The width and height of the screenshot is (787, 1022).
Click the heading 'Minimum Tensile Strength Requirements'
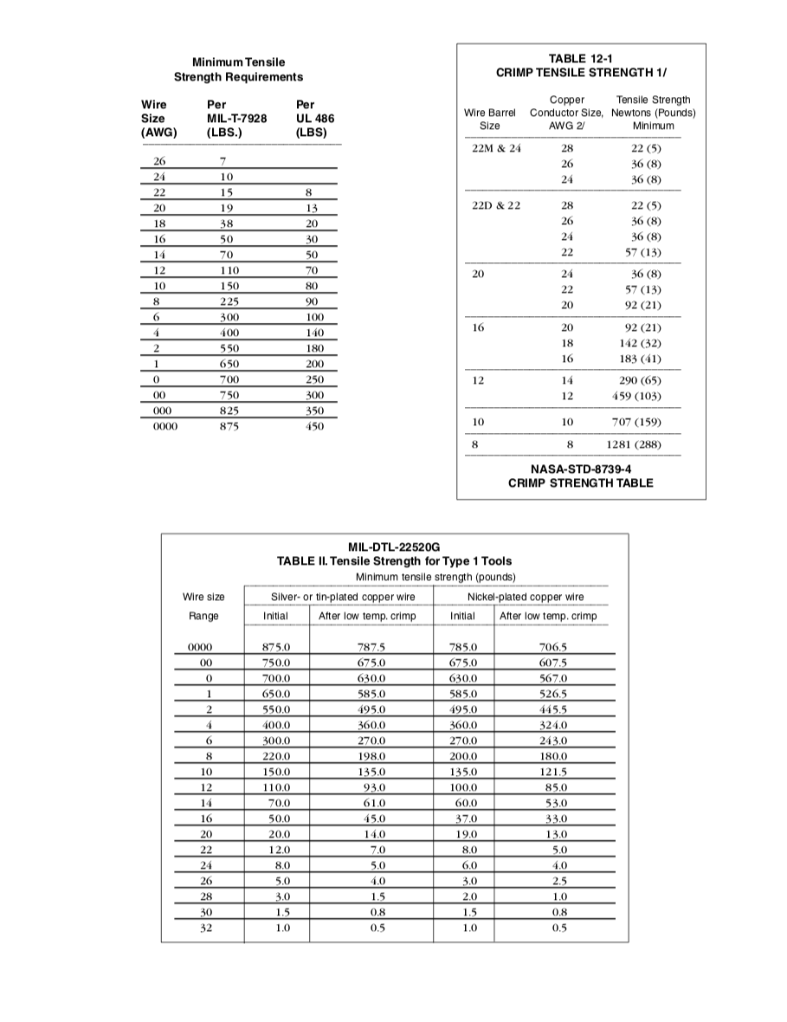point(238,69)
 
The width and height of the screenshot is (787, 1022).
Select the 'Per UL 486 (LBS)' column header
point(314,118)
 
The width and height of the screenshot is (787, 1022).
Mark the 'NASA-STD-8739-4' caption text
point(580,469)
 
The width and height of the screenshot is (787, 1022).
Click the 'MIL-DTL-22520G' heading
point(394,547)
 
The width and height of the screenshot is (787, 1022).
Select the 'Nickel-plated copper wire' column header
point(526,597)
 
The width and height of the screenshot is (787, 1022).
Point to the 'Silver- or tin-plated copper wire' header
point(343,597)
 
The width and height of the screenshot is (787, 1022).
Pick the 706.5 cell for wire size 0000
point(553,646)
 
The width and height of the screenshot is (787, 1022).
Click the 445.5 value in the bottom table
point(553,708)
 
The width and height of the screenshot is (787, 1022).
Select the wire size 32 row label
point(205,928)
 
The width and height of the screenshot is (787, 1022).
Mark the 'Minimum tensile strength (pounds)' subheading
point(435,577)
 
